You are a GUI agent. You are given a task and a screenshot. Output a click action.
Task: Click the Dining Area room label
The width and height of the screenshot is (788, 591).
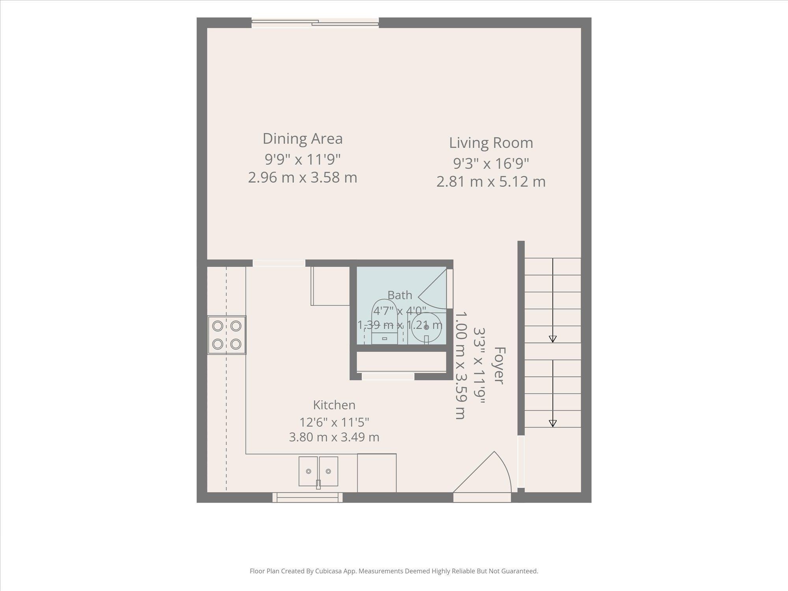click(303, 139)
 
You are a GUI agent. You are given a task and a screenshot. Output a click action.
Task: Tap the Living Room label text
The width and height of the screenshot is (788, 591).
click(491, 143)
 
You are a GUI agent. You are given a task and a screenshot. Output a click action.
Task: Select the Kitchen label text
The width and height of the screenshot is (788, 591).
click(334, 405)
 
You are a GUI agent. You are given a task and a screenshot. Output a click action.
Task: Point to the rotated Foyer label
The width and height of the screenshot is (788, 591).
click(499, 366)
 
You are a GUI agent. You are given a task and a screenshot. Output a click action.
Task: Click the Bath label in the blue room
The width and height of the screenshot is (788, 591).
click(400, 295)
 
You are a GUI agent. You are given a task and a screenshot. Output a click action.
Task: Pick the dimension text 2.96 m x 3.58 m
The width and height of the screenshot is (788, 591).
click(303, 177)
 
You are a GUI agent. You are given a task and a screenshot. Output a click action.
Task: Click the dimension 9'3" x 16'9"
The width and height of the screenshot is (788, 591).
click(491, 163)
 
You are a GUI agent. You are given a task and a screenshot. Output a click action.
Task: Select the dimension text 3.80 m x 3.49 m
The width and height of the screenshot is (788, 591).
click(334, 437)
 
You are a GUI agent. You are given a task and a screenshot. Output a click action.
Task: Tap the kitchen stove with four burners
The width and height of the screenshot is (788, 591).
click(227, 335)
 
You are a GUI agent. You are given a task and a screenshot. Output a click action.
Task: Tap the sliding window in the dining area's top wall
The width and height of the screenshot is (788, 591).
click(315, 23)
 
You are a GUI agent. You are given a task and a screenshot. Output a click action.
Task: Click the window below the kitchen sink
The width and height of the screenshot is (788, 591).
click(307, 498)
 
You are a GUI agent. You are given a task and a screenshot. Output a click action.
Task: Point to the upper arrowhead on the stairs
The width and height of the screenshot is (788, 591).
click(552, 338)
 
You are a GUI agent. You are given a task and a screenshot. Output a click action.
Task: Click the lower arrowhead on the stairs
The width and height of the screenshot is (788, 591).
click(552, 423)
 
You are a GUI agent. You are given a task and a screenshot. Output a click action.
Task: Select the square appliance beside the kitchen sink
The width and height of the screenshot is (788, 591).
click(377, 473)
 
